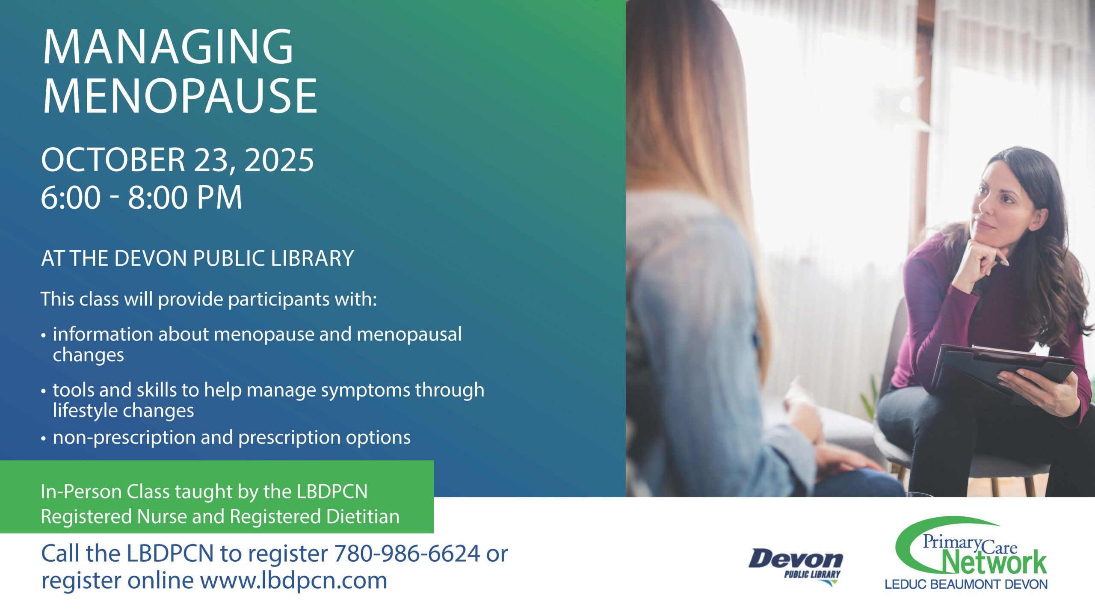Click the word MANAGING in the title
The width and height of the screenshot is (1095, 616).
click(168, 47)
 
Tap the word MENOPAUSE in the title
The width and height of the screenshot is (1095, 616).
click(180, 96)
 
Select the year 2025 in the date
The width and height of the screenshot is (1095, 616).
click(279, 160)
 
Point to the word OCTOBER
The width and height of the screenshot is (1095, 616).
click(113, 160)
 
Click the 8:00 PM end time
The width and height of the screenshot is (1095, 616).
click(185, 198)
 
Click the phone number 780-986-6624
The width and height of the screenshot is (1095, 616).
click(407, 554)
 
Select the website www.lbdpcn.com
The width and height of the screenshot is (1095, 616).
click(293, 581)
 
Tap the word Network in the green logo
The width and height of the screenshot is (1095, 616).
click(994, 562)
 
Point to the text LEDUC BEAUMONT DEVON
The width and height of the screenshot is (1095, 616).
click(966, 584)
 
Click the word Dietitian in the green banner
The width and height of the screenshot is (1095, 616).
click(363, 516)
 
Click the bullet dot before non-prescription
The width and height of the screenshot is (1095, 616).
click(44, 439)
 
